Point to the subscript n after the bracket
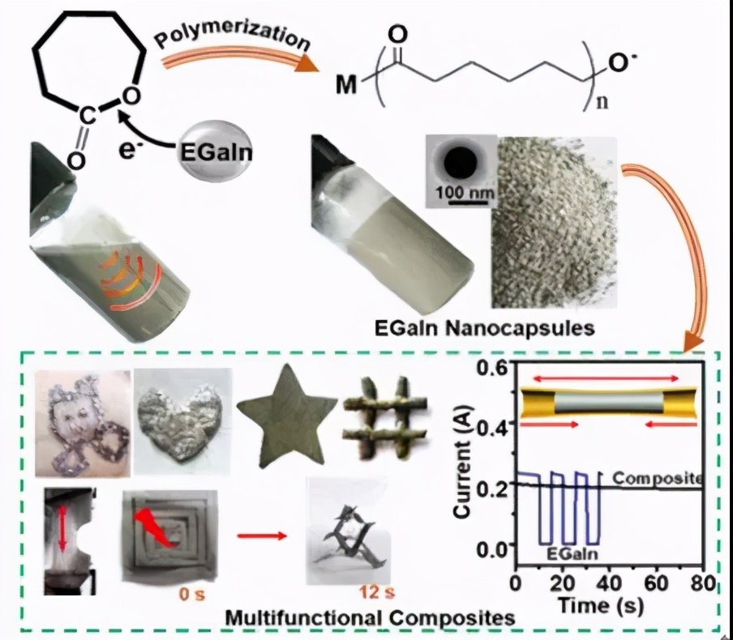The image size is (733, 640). click(x=601, y=104)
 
